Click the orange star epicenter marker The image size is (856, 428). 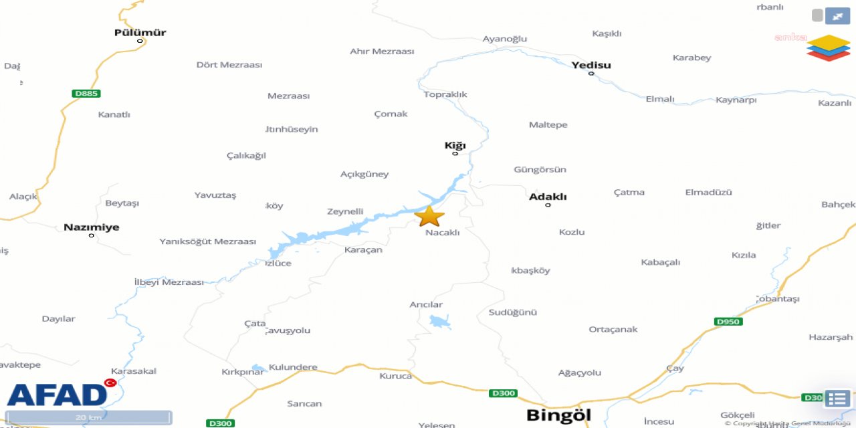point(429,216)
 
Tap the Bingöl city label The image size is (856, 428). point(558,415)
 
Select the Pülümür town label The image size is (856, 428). point(140,32)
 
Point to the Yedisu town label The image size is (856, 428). point(591,65)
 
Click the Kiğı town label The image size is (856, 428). point(455,145)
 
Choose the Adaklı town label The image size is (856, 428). point(548,197)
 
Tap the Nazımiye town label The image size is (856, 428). point(92,227)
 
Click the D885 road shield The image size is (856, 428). point(86,94)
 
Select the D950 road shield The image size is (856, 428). point(728,322)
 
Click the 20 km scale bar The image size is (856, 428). point(89,418)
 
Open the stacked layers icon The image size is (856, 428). point(828,48)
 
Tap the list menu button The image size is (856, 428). point(837,399)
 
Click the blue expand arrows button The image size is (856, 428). point(837,15)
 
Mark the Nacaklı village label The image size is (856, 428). point(443,233)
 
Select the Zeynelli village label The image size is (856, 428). point(345,212)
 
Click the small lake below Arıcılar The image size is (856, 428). point(439,322)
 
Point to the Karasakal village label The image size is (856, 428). point(134,371)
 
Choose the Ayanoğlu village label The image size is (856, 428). point(505,39)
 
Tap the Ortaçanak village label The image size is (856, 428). point(613,329)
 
